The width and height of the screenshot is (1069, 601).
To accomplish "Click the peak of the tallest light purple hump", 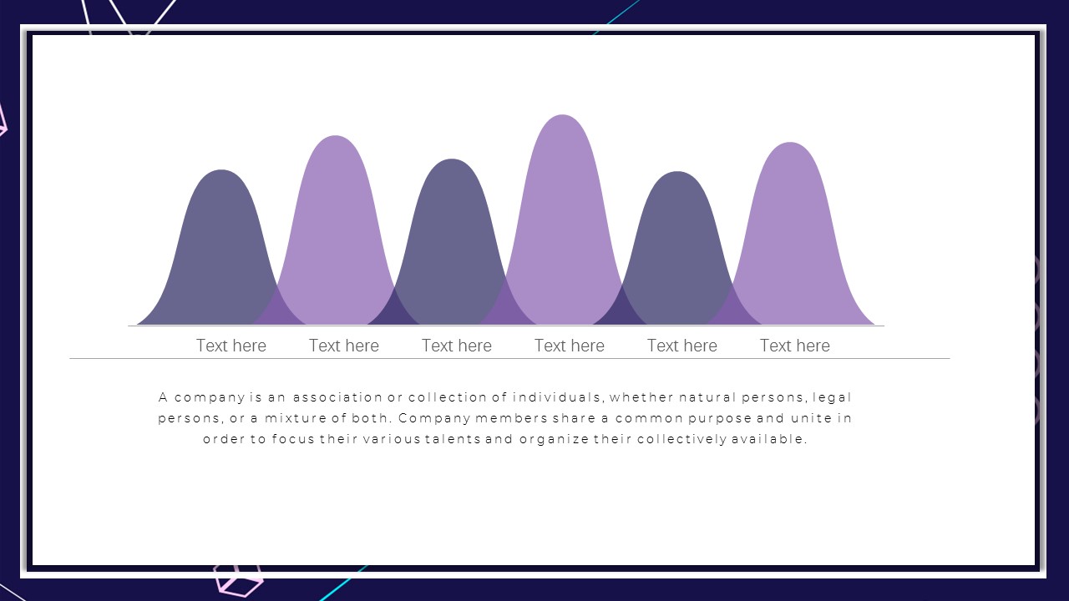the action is [x=563, y=115].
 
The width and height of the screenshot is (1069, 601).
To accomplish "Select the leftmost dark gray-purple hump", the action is [x=221, y=248].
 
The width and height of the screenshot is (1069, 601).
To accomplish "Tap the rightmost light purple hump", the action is [x=791, y=234].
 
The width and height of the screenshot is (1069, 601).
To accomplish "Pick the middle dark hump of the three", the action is [x=452, y=243].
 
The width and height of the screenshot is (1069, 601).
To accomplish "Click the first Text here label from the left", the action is [x=231, y=346].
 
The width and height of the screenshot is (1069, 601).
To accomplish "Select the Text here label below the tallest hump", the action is [x=570, y=346].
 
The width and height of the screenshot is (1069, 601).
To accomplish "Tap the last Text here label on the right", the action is [x=794, y=346].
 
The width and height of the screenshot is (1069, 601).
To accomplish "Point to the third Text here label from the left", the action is [x=457, y=346].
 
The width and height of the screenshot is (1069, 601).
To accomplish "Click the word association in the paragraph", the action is [x=337, y=396].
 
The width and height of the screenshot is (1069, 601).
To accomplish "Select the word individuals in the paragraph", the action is [x=556, y=396].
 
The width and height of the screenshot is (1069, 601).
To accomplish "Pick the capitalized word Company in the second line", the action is [x=434, y=419].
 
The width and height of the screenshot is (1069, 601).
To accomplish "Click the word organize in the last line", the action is [x=554, y=440].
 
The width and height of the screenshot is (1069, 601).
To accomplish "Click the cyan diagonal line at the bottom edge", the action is [x=343, y=583].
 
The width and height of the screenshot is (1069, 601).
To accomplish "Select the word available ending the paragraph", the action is [x=769, y=439].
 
